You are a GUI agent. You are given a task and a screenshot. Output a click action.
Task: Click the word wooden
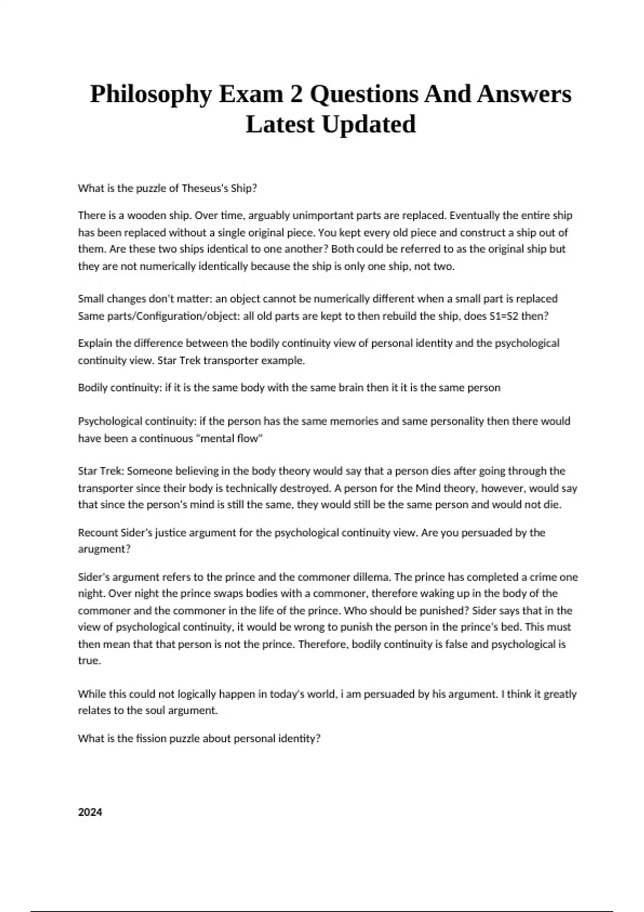point(147,216)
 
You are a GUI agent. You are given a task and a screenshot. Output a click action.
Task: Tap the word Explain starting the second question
point(95,343)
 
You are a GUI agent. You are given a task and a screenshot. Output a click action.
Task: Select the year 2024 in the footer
point(90,812)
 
